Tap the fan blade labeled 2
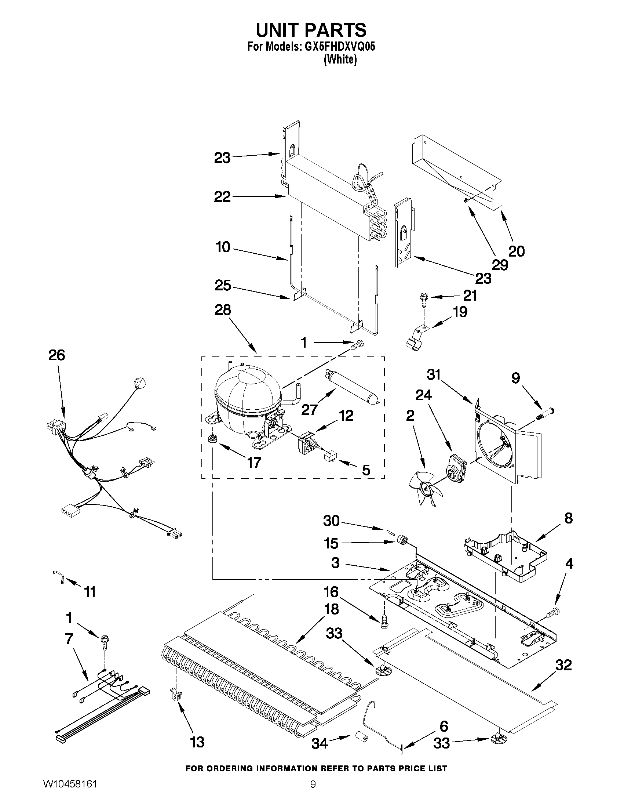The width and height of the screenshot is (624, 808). point(422,489)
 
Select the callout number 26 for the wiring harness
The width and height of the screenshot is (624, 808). point(56,355)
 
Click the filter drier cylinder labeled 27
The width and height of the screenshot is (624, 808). point(353,387)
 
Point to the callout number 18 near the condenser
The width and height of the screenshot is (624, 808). point(332,609)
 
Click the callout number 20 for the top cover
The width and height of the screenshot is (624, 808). point(517,251)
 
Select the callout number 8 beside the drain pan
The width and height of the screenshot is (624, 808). point(568,518)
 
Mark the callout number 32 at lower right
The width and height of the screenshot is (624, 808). point(563,665)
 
